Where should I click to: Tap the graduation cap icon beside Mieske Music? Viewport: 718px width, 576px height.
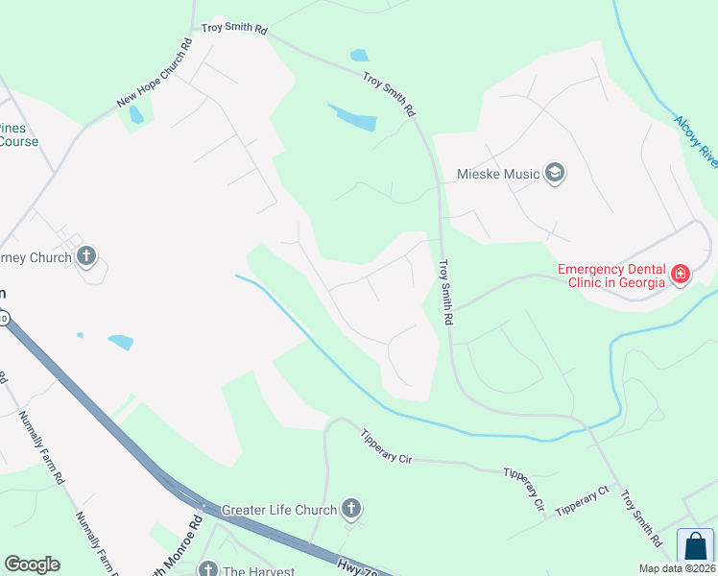[x=554, y=174]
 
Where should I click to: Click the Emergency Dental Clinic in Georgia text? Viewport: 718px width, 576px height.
[x=611, y=276]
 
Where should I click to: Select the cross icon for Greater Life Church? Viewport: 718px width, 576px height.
[x=351, y=509]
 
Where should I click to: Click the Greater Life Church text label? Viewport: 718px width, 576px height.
[x=278, y=510]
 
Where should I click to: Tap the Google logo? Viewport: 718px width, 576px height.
[x=32, y=564]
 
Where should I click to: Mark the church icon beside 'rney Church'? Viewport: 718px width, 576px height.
[x=87, y=256]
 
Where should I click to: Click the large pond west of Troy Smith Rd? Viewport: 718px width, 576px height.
[x=352, y=119]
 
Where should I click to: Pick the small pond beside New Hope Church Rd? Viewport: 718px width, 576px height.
[x=136, y=114]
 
